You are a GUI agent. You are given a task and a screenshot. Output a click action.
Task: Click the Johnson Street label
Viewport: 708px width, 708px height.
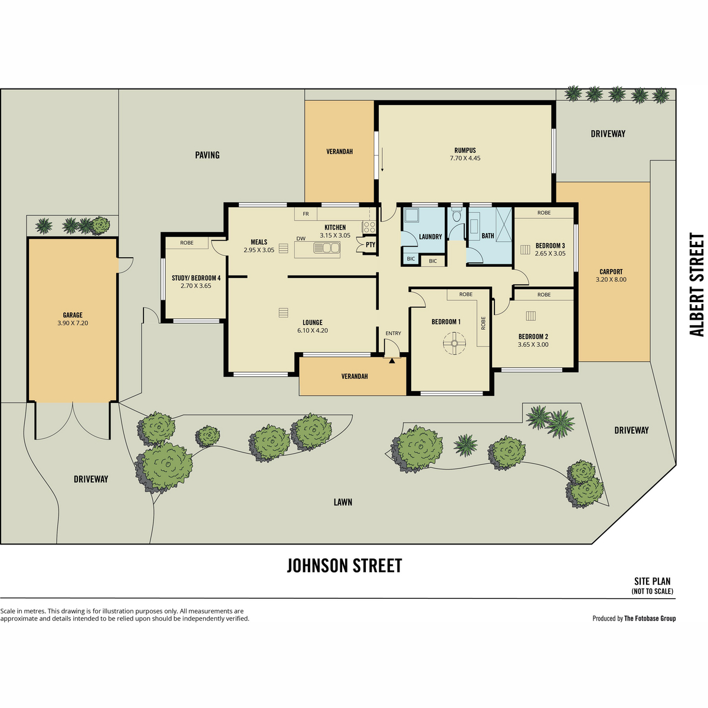coord(344,565)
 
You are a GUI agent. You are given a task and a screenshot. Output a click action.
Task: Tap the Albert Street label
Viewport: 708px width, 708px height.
coord(696,284)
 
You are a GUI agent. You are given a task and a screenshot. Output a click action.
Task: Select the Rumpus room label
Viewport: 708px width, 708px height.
coord(465,150)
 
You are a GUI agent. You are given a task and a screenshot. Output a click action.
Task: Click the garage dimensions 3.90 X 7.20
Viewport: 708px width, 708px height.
coord(73,323)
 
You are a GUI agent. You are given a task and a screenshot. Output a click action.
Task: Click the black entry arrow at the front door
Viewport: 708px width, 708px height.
coord(392,361)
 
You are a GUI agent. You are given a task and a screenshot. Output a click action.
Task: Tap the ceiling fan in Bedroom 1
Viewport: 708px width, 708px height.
coord(454,343)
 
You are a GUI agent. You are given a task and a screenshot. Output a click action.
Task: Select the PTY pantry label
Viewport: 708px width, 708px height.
coord(371,244)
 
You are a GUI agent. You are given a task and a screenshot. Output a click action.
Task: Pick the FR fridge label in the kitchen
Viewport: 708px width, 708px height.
coord(306,214)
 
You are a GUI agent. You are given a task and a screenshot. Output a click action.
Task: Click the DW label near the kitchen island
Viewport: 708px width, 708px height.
coord(301,238)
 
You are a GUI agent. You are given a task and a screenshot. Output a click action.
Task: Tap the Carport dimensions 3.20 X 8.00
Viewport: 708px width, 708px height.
coord(611,279)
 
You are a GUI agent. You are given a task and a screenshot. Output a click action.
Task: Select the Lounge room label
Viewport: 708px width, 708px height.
coord(313,322)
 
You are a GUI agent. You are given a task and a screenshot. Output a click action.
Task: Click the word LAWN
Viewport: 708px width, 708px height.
coord(343,502)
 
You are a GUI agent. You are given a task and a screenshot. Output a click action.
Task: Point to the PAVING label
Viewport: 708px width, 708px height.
coord(207,155)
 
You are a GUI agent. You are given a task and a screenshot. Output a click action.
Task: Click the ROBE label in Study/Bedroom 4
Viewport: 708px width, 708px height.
coord(186,243)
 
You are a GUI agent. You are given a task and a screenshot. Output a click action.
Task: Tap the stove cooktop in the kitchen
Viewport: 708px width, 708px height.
coord(369,227)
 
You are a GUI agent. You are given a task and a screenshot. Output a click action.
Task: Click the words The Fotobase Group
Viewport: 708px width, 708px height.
coord(650,618)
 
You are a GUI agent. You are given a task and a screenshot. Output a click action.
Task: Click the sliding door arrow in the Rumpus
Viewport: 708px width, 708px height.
coord(382,159)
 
